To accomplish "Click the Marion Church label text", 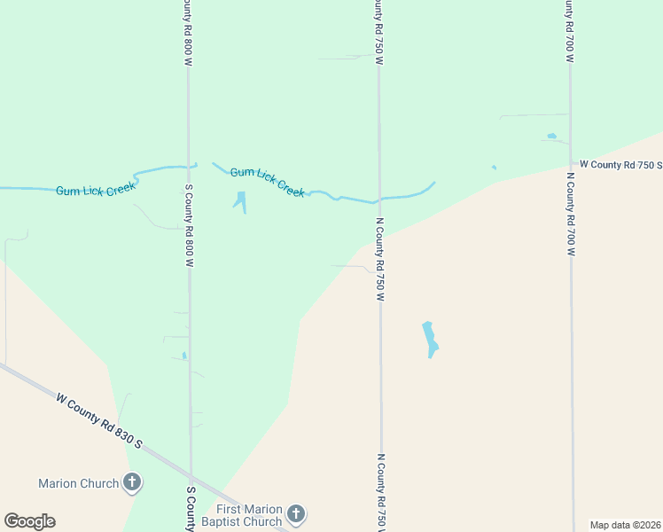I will pyautogui.click(x=78, y=483).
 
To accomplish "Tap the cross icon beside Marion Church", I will pyautogui.click(x=132, y=483).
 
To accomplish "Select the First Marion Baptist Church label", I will pyautogui.click(x=249, y=515).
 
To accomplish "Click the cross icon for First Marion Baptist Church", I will pyautogui.click(x=296, y=514).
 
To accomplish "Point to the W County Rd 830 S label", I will pyautogui.click(x=99, y=422).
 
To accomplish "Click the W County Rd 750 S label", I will pyautogui.click(x=620, y=164).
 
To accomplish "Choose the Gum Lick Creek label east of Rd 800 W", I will pyautogui.click(x=268, y=182).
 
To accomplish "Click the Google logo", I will pyautogui.click(x=29, y=521).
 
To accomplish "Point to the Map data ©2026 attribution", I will pyautogui.click(x=625, y=525).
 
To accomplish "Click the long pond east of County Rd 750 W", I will pyautogui.click(x=431, y=340).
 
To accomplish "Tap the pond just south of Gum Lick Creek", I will pyautogui.click(x=240, y=200).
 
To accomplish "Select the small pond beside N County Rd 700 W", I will pyautogui.click(x=552, y=137).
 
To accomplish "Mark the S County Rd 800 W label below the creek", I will pyautogui.click(x=189, y=226).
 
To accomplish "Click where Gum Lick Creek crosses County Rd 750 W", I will pyautogui.click(x=379, y=198).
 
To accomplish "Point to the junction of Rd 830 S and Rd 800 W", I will pyautogui.click(x=191, y=471).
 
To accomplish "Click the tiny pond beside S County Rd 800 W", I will pyautogui.click(x=183, y=356).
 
